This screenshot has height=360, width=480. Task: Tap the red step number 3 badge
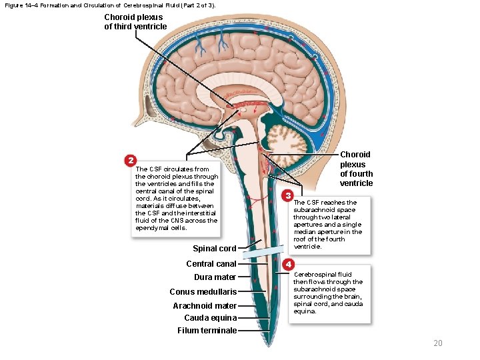click(287, 195)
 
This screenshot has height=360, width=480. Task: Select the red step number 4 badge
click(288, 265)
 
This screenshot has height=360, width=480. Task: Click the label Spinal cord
click(215, 249)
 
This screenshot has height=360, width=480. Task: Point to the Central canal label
click(211, 264)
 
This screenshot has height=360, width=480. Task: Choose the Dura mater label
click(215, 277)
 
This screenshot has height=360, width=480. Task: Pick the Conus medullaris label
click(203, 292)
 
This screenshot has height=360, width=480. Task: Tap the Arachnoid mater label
click(205, 306)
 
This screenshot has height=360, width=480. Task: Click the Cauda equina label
click(210, 318)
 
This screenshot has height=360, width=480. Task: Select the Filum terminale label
click(207, 331)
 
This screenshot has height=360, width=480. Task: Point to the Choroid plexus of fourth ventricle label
click(356, 169)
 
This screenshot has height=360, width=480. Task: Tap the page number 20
click(437, 343)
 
